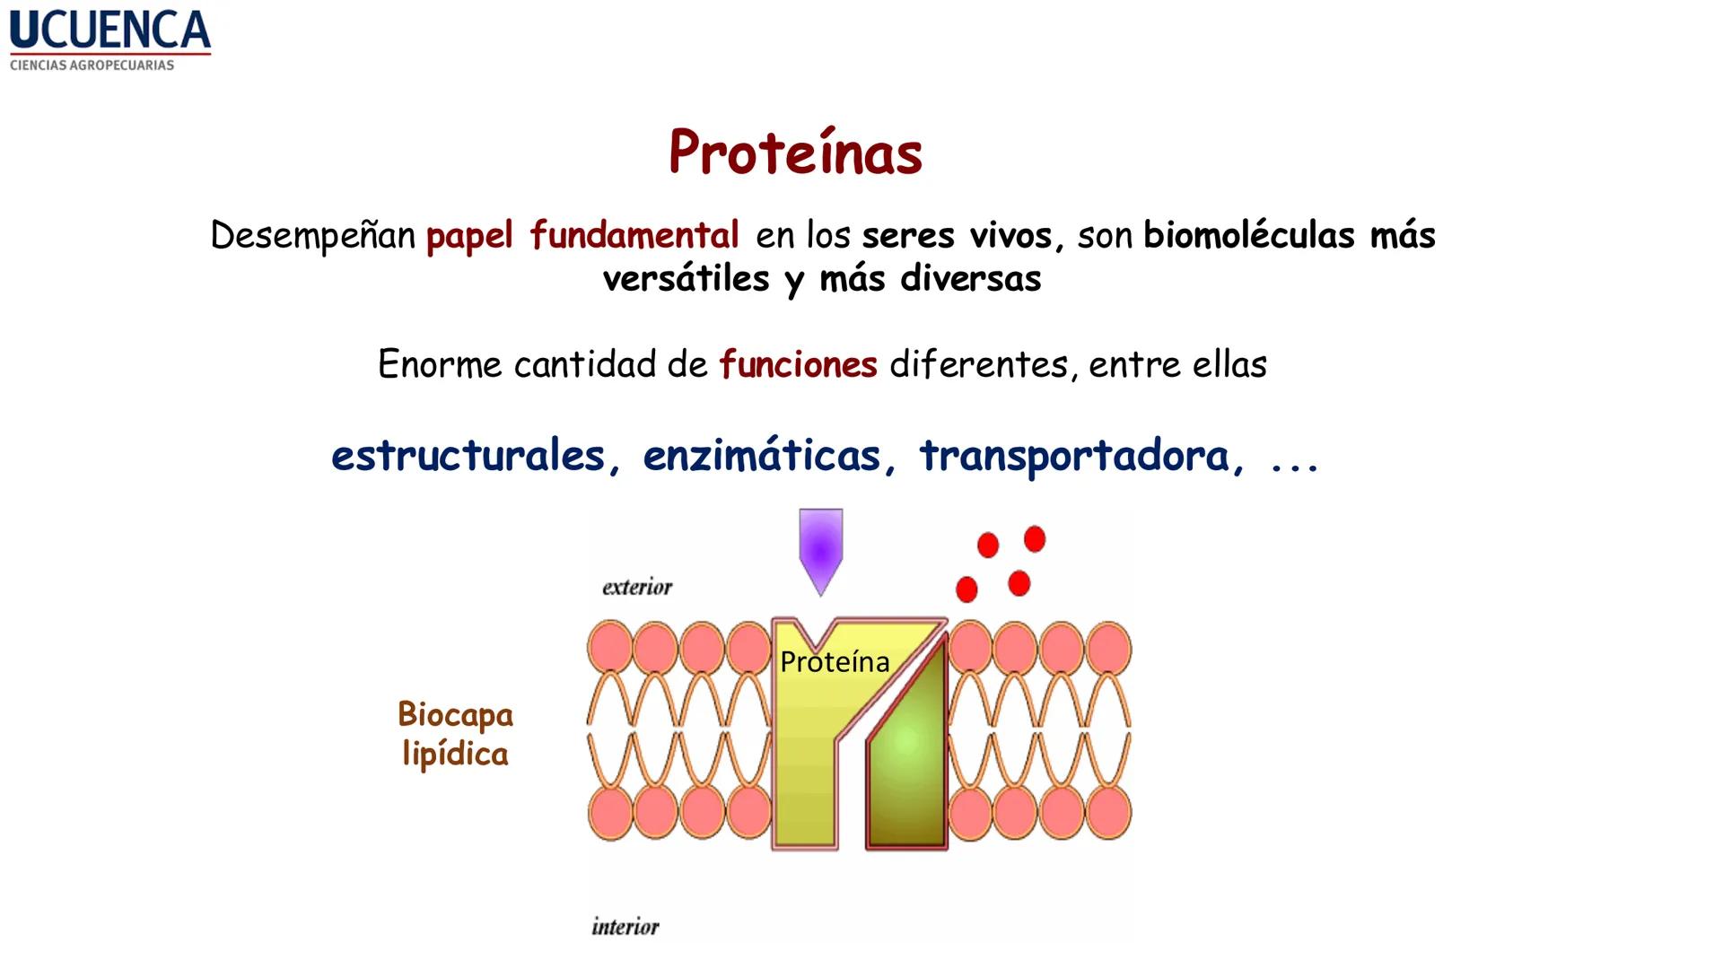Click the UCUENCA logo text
[109, 31]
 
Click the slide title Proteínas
[795, 153]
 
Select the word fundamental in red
[634, 235]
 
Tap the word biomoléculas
[1248, 235]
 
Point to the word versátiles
[686, 279]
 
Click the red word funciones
[798, 365]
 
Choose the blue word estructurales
[468, 456]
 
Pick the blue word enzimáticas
[762, 456]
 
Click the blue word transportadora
[1074, 456]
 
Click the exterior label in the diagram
[637, 588]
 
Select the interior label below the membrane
[625, 927]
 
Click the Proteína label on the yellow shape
[835, 662]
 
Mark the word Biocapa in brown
[455, 715]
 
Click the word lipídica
[455, 755]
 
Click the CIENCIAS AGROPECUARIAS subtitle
[92, 65]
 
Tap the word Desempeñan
[312, 236]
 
